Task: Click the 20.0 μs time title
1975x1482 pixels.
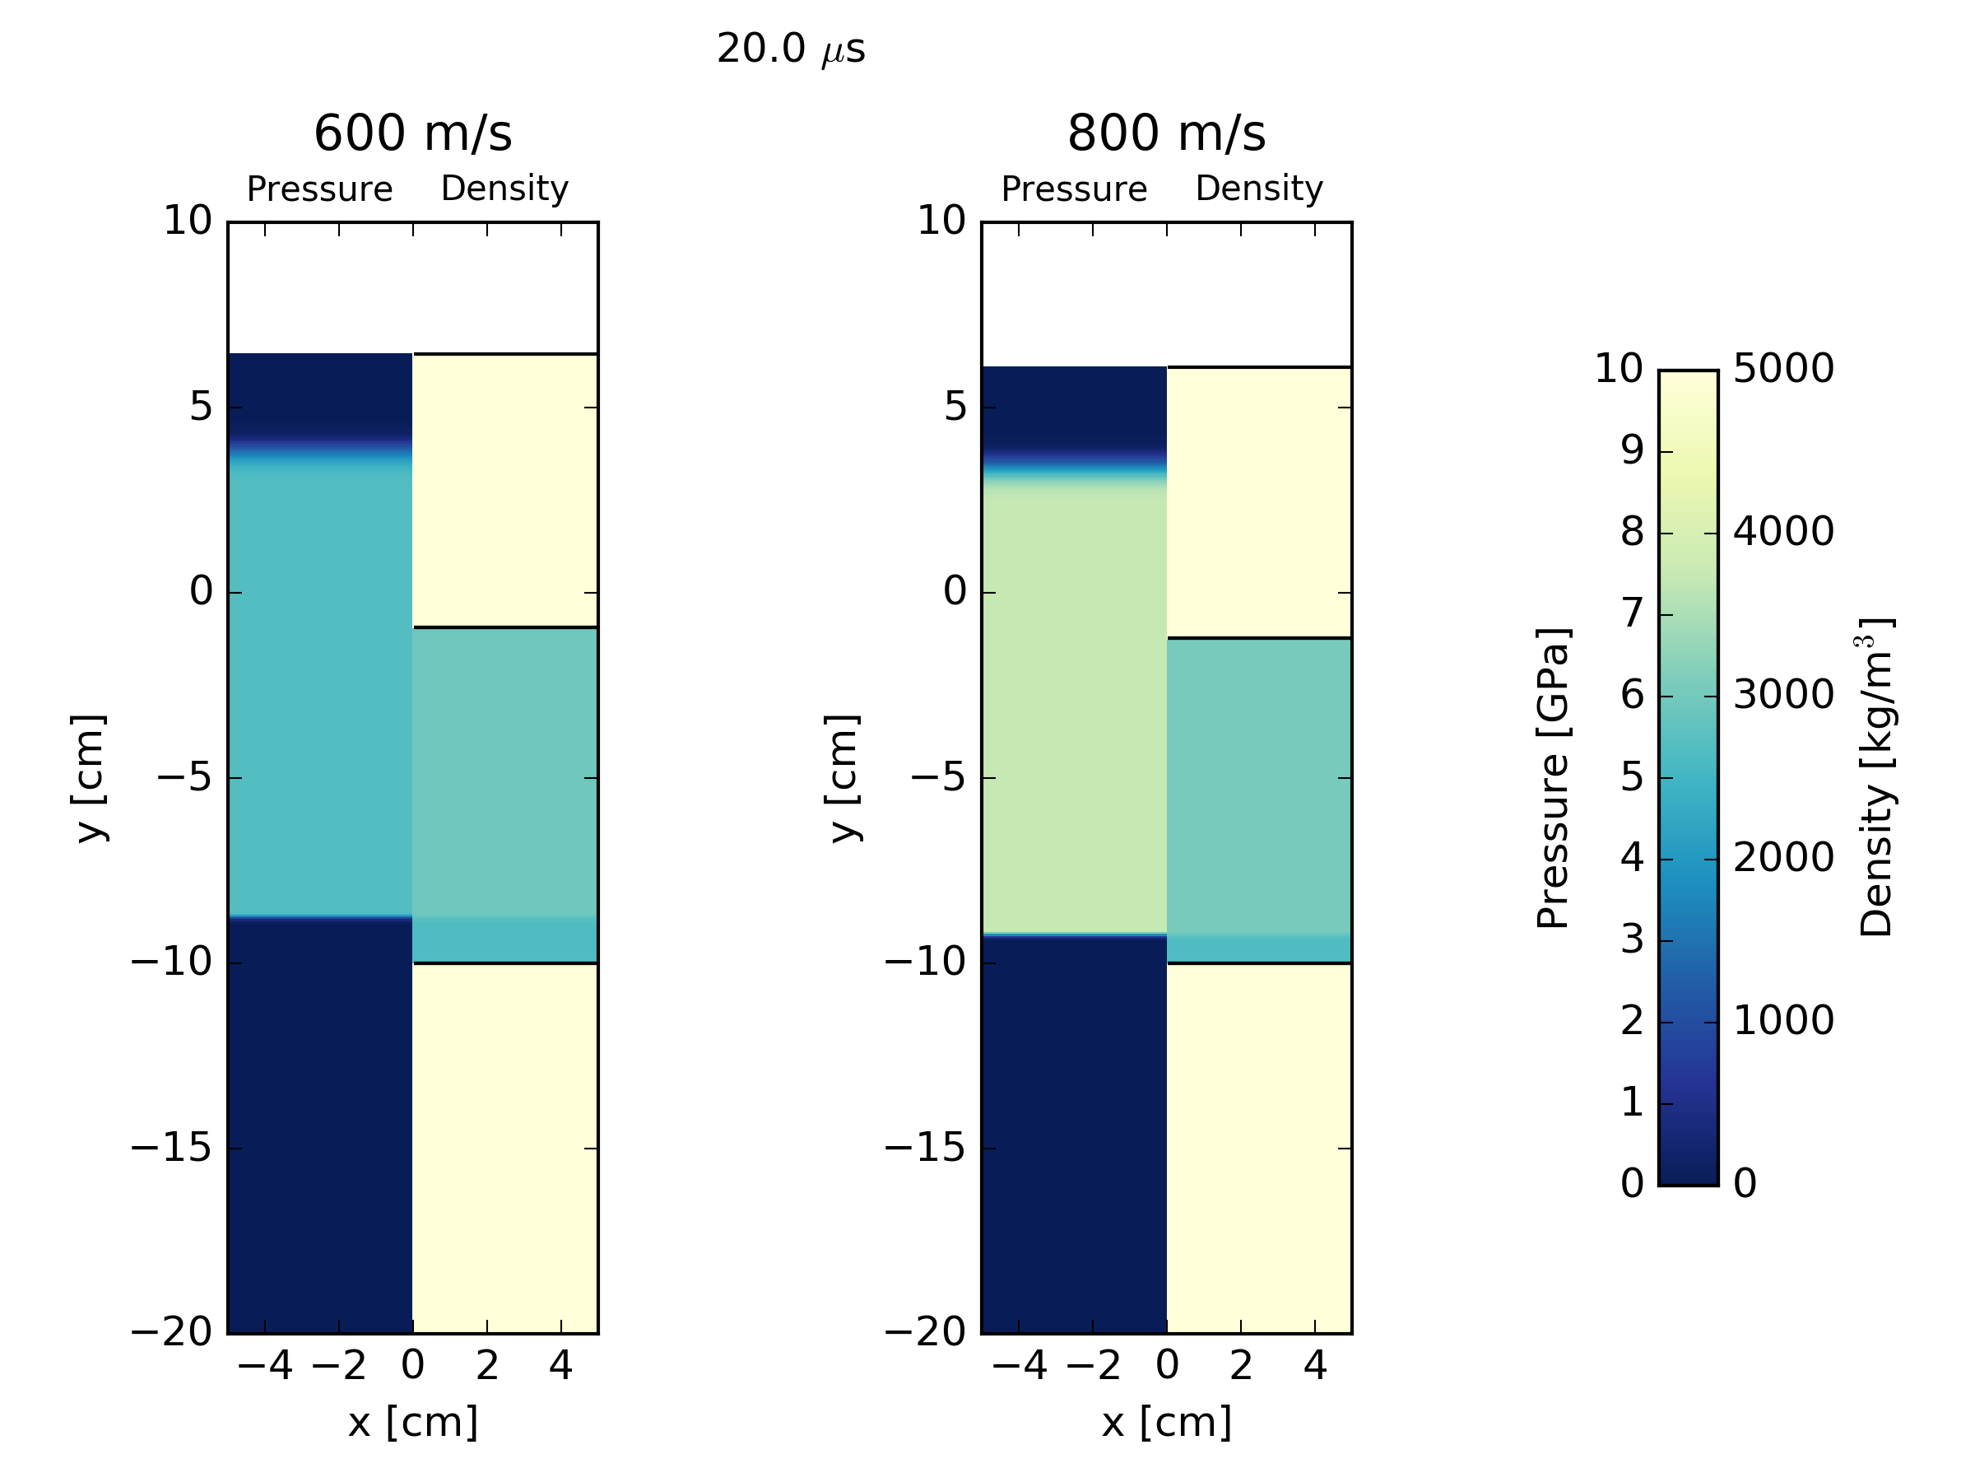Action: (790, 49)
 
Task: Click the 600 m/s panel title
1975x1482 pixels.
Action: (412, 134)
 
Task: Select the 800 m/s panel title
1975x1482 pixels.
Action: (1166, 134)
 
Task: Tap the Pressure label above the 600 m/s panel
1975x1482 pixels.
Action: (319, 189)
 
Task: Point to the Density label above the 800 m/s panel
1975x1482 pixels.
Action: (1259, 189)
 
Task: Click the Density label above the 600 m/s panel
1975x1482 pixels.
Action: (504, 189)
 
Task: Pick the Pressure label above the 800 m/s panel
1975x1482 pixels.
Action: (1073, 189)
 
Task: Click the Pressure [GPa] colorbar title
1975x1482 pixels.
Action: (1554, 777)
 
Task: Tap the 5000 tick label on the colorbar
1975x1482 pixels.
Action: (1783, 368)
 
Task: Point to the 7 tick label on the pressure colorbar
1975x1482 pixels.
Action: (1632, 613)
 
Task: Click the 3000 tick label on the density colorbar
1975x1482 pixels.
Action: (1783, 695)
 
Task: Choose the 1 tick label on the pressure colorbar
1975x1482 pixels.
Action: (1632, 1102)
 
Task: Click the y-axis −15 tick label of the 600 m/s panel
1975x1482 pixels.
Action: (171, 1147)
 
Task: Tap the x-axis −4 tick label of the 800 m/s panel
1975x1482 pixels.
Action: (1018, 1366)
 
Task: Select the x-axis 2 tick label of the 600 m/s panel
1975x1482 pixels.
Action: (486, 1366)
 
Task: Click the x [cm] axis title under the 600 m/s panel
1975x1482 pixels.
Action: (412, 1422)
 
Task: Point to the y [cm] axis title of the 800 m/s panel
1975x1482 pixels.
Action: (843, 777)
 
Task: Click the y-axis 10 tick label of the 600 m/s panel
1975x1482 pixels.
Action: (188, 221)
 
